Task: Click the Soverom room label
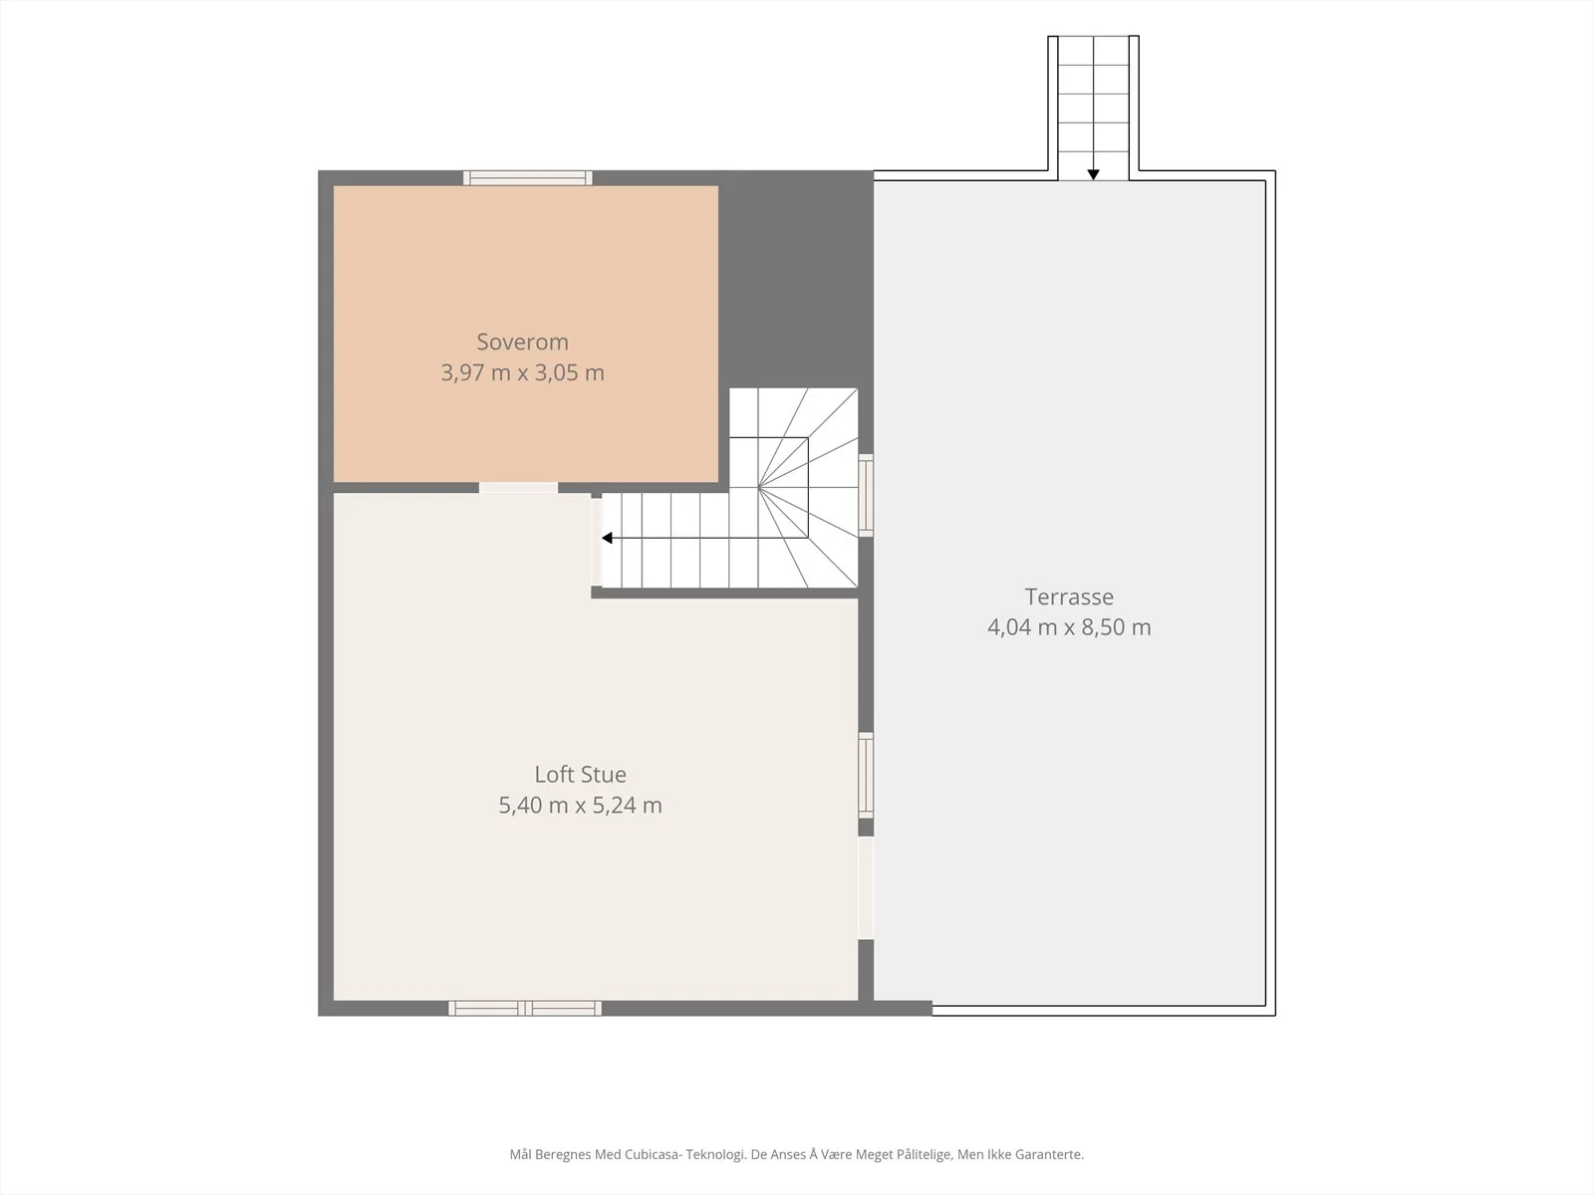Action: pyautogui.click(x=522, y=342)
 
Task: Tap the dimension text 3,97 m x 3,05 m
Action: pyautogui.click(x=522, y=372)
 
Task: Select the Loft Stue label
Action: pyautogui.click(x=580, y=774)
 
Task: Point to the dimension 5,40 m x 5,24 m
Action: pyautogui.click(x=580, y=806)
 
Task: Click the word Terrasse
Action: pyautogui.click(x=1069, y=597)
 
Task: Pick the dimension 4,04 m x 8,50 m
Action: pyautogui.click(x=1069, y=627)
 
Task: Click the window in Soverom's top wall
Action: pyautogui.click(x=528, y=178)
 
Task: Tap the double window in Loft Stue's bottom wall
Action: pyautogui.click(x=525, y=1008)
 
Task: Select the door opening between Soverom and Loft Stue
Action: pyautogui.click(x=518, y=488)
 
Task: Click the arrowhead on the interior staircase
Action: pyautogui.click(x=607, y=539)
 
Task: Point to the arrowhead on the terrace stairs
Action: pyautogui.click(x=1093, y=175)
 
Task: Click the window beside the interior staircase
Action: pyautogui.click(x=866, y=496)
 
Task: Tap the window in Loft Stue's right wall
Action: pyautogui.click(x=866, y=776)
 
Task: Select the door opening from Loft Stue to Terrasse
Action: pyautogui.click(x=866, y=888)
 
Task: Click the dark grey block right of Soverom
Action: pyautogui.click(x=795, y=280)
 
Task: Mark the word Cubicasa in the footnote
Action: pyautogui.click(x=653, y=1154)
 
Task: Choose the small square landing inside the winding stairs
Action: pyautogui.click(x=784, y=462)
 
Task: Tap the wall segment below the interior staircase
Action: pyautogui.click(x=724, y=594)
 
